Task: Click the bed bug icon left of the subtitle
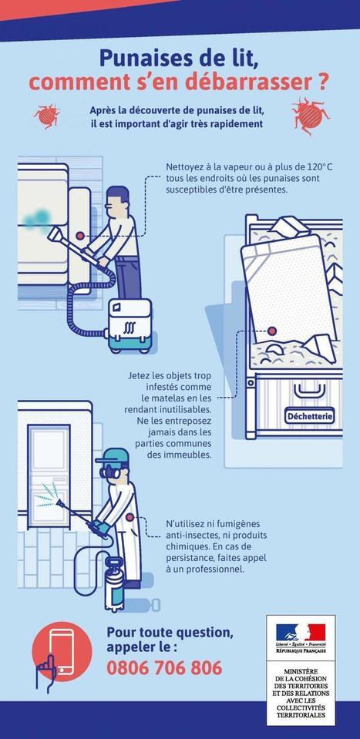(x=47, y=116)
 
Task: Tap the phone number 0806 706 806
(x=164, y=667)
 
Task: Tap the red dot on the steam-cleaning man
(x=81, y=237)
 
